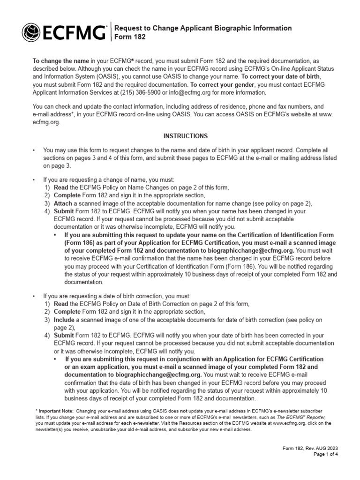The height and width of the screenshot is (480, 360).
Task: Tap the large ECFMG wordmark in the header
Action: coord(74,33)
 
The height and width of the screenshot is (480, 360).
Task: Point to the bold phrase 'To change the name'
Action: coord(60,61)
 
